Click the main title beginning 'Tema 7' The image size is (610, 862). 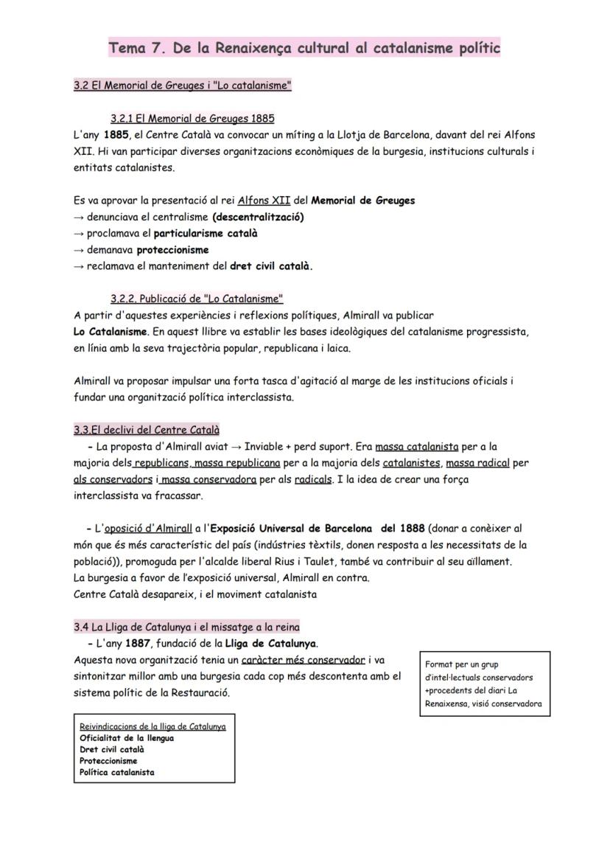[304, 49]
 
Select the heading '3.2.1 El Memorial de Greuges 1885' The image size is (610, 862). [192, 118]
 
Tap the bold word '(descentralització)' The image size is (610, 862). [257, 217]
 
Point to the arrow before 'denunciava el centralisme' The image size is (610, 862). [79, 217]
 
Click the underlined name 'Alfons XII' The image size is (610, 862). [262, 201]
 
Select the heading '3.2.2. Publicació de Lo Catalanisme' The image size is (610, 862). [197, 299]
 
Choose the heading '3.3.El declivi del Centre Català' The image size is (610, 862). [147, 430]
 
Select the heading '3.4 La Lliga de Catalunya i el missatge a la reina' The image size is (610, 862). [186, 627]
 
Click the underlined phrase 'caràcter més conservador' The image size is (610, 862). [303, 660]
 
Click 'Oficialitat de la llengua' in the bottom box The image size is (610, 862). [127, 738]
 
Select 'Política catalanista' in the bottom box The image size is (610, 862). [116, 772]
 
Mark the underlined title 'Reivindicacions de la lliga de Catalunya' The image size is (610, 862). [152, 726]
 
